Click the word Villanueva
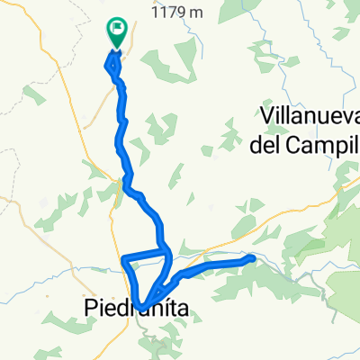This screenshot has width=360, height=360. (x=308, y=114)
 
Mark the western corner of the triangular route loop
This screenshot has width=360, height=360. (x=124, y=262)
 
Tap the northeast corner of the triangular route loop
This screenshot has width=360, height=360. (x=168, y=251)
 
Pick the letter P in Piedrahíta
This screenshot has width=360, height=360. (x=94, y=310)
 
